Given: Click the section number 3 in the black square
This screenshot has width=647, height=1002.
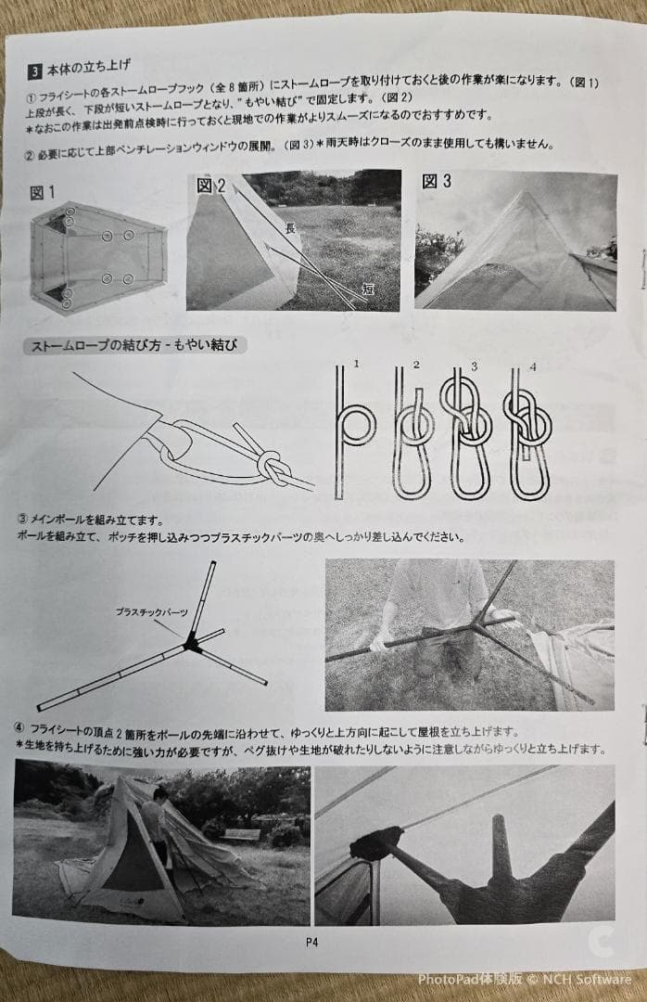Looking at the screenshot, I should (x=34, y=68).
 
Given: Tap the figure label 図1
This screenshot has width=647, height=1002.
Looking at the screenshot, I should (x=43, y=192).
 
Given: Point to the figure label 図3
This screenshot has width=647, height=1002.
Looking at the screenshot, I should (x=437, y=182).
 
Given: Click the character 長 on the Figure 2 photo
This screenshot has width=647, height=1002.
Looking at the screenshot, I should (x=290, y=227).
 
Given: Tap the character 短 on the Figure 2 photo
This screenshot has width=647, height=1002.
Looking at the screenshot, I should (x=367, y=289).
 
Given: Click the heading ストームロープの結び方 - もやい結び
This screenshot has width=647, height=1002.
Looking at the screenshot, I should (x=133, y=346).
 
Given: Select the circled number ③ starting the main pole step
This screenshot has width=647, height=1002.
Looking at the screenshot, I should (x=22, y=520).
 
